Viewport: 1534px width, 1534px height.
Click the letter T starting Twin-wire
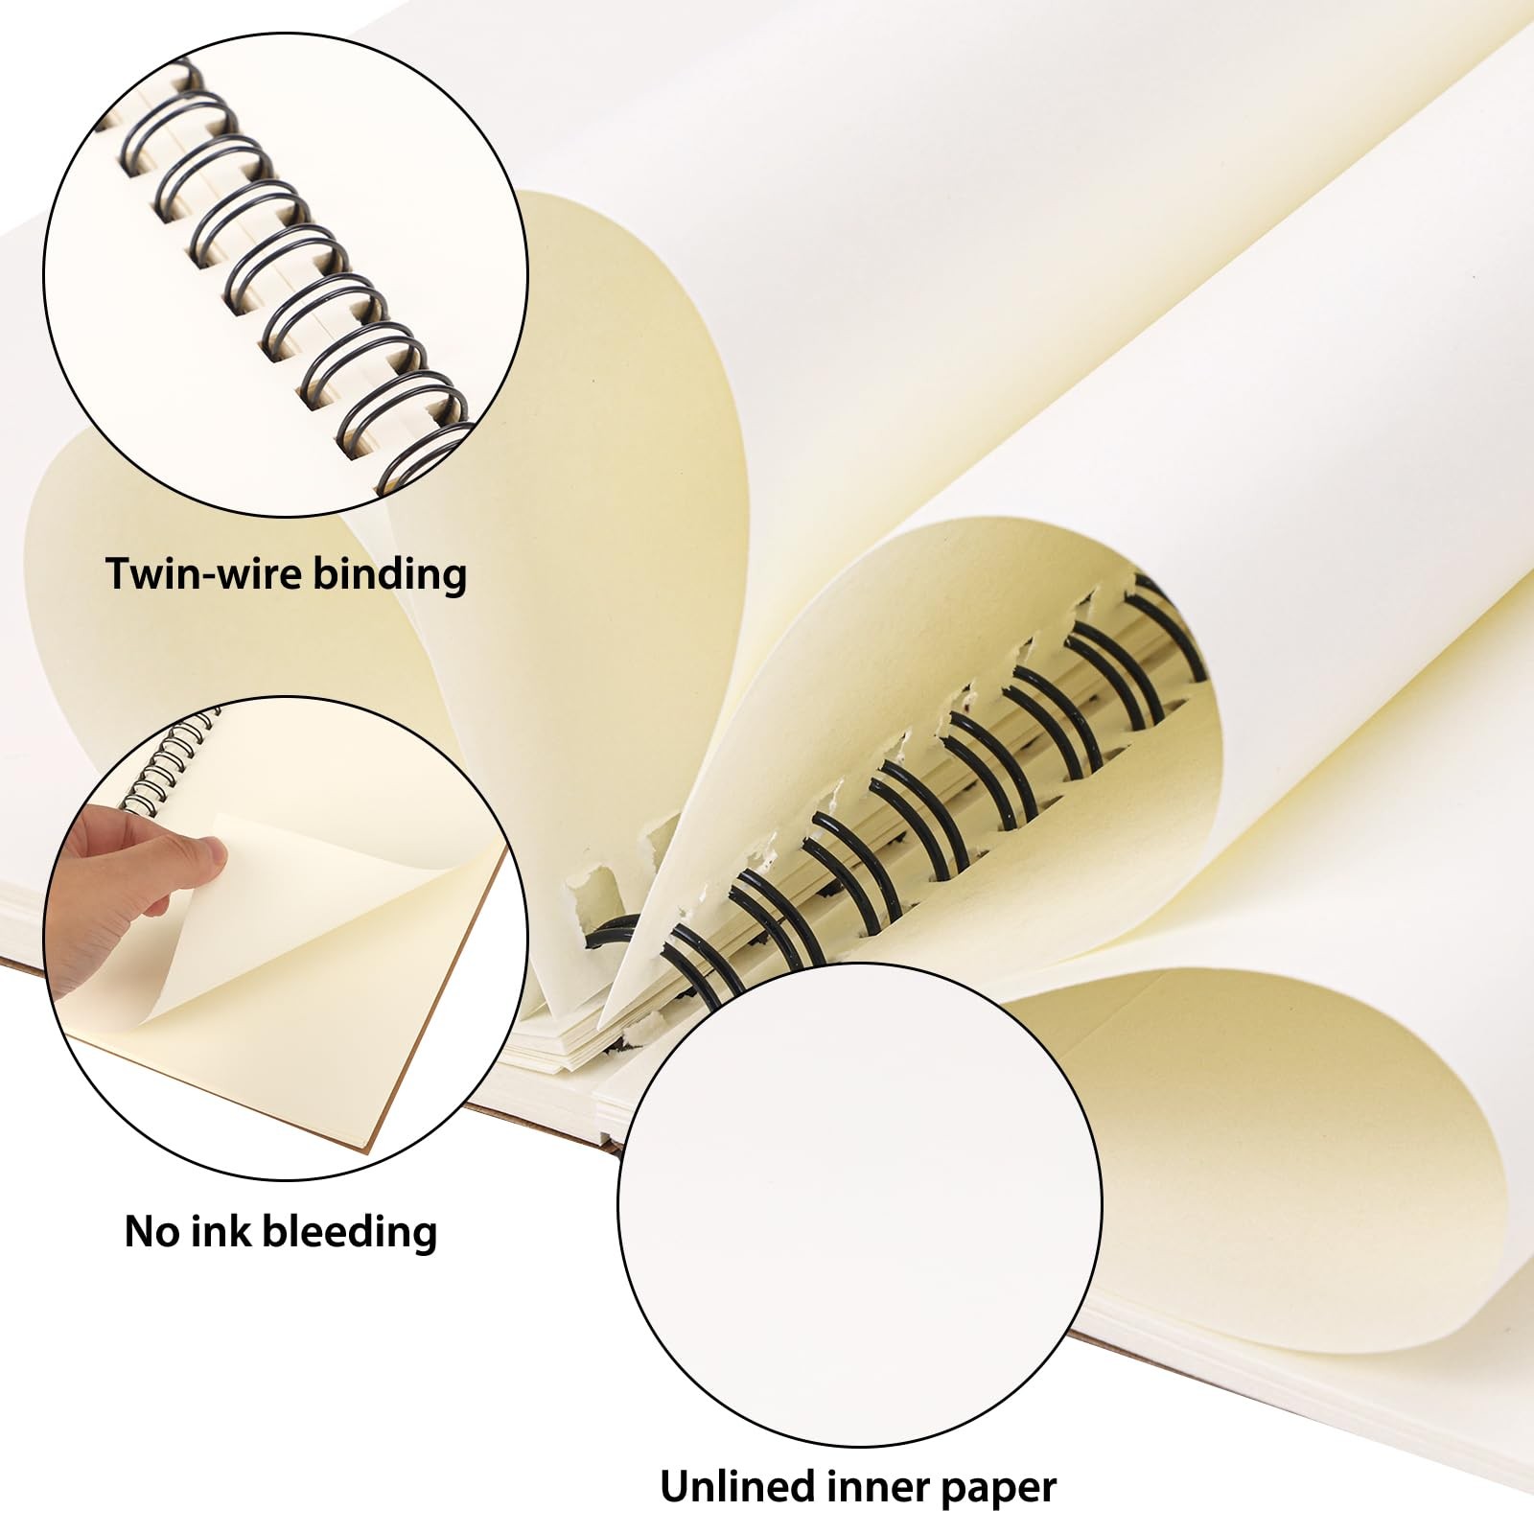[x=119, y=573]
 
